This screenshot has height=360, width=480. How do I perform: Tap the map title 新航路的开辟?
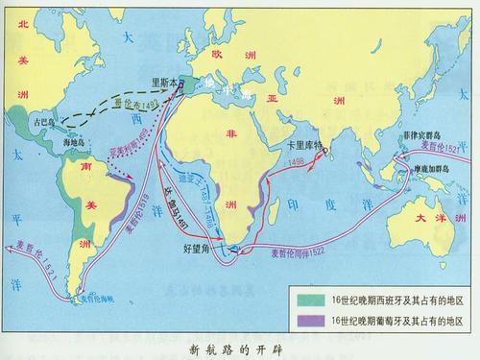click(x=239, y=348)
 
